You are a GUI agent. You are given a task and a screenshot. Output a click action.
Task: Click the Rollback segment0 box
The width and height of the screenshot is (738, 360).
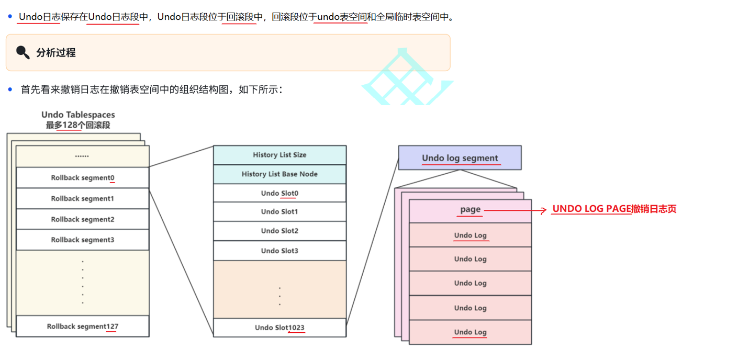tap(83, 178)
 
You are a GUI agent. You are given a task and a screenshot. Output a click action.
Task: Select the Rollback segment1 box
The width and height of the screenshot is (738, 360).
tap(83, 199)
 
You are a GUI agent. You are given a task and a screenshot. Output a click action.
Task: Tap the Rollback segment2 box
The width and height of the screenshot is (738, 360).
tap(83, 219)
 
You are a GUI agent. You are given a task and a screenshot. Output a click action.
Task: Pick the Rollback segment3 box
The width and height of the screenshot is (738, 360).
tap(83, 240)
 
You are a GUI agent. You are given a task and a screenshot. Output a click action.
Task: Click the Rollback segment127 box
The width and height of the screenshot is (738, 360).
tap(83, 327)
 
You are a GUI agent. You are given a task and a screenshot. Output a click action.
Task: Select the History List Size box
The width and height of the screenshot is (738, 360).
tap(279, 155)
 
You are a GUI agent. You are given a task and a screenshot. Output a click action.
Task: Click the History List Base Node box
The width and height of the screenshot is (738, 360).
tap(279, 174)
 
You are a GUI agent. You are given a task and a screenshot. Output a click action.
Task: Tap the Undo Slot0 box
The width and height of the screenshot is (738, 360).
tap(279, 193)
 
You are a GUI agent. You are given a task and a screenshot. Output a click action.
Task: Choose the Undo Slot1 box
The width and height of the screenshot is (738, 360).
tap(279, 212)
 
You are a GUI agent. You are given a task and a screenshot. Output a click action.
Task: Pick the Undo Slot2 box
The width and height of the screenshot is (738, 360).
tap(279, 231)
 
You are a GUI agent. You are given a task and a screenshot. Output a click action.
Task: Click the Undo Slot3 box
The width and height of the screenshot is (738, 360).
tap(279, 251)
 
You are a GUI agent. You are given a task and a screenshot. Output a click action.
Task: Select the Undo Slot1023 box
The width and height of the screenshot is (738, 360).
tap(279, 328)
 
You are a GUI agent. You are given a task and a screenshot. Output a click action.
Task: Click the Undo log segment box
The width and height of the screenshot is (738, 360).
tap(460, 158)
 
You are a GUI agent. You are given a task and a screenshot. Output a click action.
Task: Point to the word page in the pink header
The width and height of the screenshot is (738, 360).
tap(470, 209)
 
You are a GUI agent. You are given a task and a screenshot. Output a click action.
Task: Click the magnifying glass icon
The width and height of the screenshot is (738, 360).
tap(23, 52)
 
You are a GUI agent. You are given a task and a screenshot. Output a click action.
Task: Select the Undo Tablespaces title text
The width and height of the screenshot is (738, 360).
tap(78, 115)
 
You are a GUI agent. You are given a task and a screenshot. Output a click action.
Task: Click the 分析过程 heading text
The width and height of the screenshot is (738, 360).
tap(56, 53)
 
